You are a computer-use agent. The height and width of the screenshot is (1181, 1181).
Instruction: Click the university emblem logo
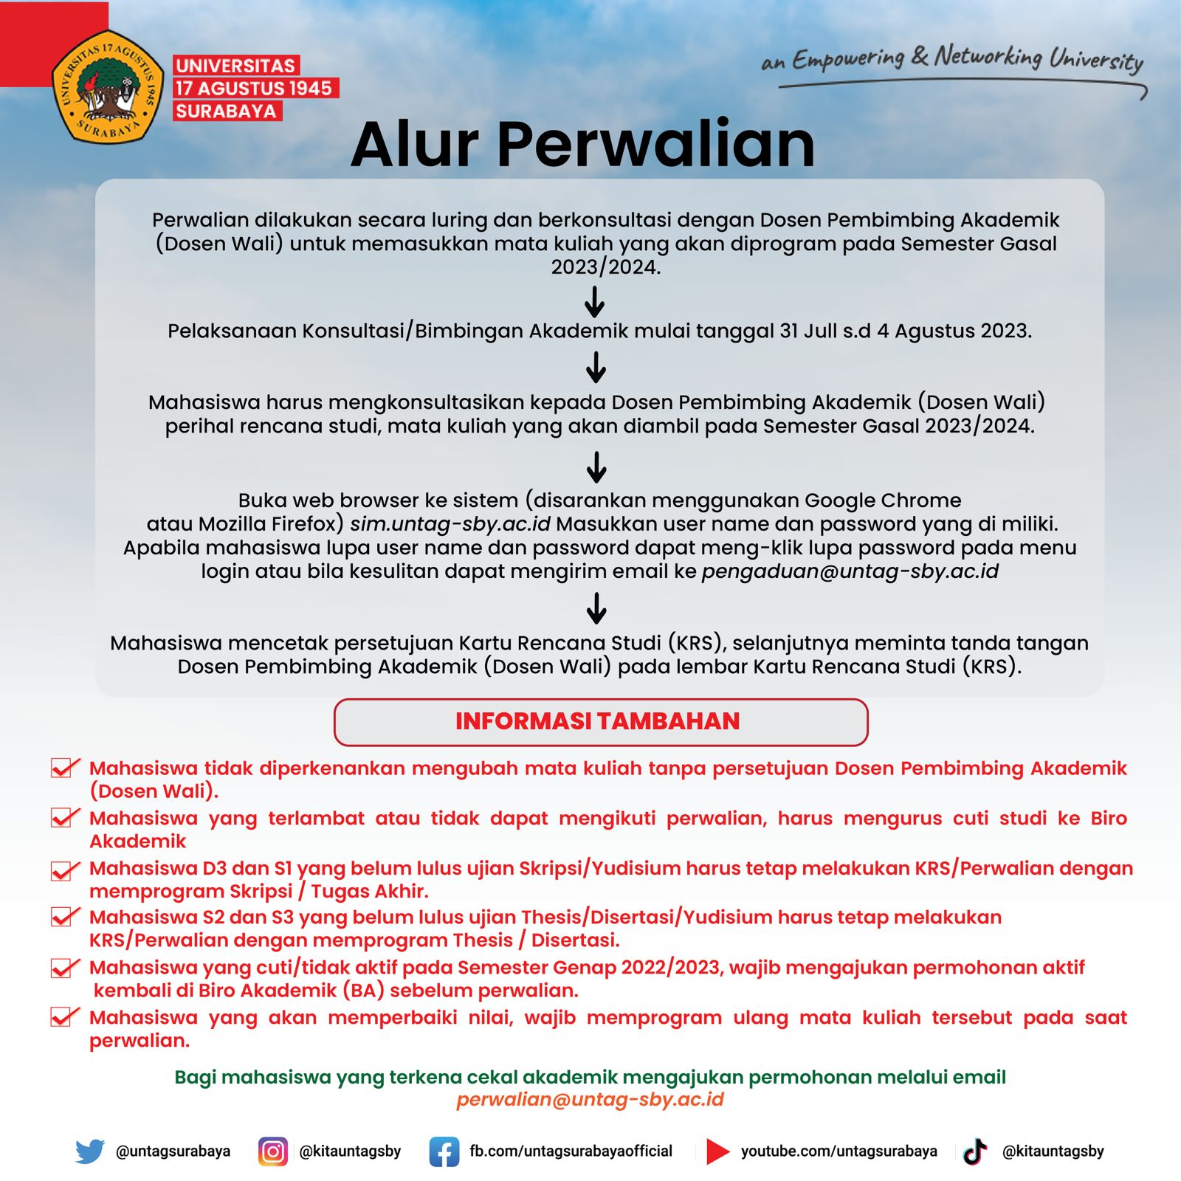pyautogui.click(x=108, y=87)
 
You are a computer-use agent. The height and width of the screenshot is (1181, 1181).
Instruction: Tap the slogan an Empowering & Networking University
pyautogui.click(x=952, y=59)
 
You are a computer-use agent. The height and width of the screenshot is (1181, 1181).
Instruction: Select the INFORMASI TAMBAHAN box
pyautogui.click(x=600, y=721)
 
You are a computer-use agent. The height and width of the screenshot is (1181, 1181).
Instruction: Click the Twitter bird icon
pyautogui.click(x=90, y=1151)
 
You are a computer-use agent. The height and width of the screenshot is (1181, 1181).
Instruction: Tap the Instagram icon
pyautogui.click(x=272, y=1151)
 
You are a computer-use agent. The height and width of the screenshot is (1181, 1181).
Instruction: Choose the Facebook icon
pyautogui.click(x=444, y=1151)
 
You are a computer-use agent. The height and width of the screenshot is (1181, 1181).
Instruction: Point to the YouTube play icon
pyautogui.click(x=717, y=1151)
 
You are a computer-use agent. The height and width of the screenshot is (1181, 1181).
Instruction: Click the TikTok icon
pyautogui.click(x=975, y=1151)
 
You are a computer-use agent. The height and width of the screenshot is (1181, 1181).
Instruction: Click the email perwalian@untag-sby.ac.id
pyautogui.click(x=590, y=1100)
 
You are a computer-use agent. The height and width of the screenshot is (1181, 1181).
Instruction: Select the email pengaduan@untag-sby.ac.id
pyautogui.click(x=850, y=571)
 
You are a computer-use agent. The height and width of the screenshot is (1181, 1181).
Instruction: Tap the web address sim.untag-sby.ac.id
pyautogui.click(x=450, y=524)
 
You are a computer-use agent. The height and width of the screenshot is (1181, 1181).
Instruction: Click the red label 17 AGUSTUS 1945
pyautogui.click(x=254, y=89)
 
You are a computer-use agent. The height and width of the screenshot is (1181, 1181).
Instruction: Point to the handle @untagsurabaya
pyautogui.click(x=173, y=1151)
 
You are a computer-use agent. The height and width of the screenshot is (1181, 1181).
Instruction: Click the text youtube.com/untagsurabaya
pyautogui.click(x=839, y=1151)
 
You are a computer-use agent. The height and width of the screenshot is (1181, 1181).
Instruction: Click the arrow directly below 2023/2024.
pyautogui.click(x=595, y=301)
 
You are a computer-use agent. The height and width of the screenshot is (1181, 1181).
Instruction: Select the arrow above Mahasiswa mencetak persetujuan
pyautogui.click(x=596, y=608)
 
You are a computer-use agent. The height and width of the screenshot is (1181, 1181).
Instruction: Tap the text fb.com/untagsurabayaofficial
pyautogui.click(x=571, y=1151)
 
